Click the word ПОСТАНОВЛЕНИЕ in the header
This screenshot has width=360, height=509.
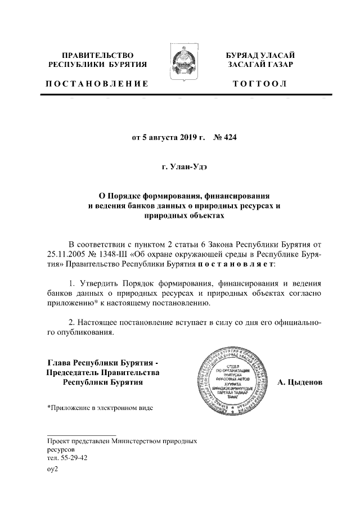click(97, 84)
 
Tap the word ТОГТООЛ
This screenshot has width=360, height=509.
click(260, 84)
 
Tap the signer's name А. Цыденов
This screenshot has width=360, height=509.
click(300, 382)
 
